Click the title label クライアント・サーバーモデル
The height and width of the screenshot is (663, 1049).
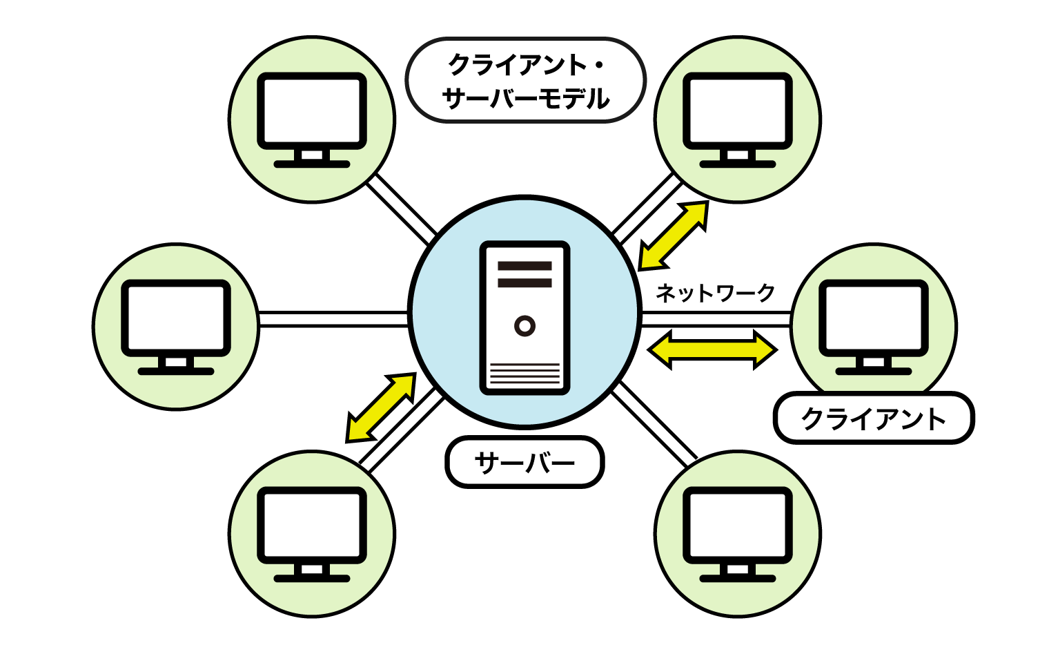[525, 81]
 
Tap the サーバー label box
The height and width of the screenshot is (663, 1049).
[525, 462]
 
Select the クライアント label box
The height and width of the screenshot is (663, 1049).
[873, 418]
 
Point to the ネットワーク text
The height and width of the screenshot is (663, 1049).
[715, 293]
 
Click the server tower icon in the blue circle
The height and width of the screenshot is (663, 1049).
[524, 318]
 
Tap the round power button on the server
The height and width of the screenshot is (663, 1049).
[524, 325]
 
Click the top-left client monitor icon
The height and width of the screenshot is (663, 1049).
[312, 119]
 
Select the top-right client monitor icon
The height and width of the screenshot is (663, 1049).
[737, 119]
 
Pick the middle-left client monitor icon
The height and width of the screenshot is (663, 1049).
[176, 326]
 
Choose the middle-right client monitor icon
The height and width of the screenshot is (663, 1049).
[873, 326]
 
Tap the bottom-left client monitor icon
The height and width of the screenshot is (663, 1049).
[312, 533]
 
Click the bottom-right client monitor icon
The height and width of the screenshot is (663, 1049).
[737, 533]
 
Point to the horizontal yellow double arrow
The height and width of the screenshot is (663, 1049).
[712, 350]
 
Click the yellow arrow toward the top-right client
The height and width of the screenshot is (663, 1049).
[674, 236]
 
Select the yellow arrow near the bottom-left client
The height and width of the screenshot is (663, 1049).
[381, 407]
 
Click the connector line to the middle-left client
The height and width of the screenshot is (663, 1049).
[333, 319]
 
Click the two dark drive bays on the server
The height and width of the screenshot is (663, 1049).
[524, 274]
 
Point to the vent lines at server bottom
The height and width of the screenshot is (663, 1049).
[524, 374]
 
